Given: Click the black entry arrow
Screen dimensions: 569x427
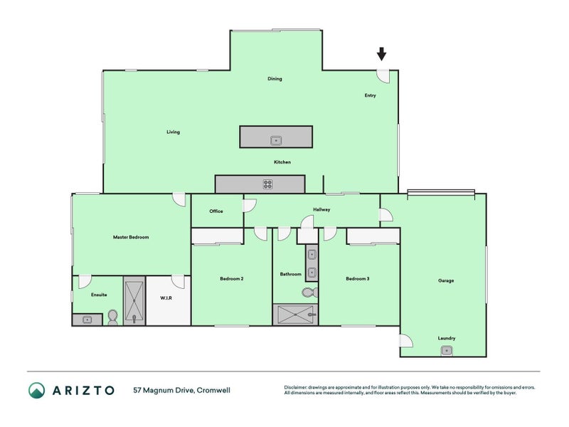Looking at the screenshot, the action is click(381, 54).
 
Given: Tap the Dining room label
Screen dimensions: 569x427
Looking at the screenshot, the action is click(275, 78).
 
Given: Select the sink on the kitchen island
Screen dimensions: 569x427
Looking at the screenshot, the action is click(276, 140).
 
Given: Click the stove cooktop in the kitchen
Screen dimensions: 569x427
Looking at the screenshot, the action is click(267, 184).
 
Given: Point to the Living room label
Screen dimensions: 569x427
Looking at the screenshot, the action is click(173, 132).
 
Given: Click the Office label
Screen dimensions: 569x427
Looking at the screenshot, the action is click(216, 211).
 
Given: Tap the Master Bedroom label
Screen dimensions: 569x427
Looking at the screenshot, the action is click(131, 237).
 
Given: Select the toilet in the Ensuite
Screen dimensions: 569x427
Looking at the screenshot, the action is click(113, 317).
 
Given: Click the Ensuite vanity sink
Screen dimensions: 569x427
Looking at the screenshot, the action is click(87, 320).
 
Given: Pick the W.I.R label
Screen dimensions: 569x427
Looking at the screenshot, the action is click(166, 297).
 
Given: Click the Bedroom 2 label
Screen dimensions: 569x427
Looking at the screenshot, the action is click(232, 278).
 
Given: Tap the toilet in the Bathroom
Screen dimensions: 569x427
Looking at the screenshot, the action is click(310, 292).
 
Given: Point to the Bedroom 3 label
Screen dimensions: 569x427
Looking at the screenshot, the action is click(358, 278).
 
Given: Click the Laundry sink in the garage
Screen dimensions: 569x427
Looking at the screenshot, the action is click(447, 351).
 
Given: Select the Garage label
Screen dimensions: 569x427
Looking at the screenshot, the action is click(446, 280).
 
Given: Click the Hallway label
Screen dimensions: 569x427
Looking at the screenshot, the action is click(321, 209).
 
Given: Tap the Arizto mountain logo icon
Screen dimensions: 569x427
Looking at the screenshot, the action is click(37, 390).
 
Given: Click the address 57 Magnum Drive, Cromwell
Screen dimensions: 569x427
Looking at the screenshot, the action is click(182, 390).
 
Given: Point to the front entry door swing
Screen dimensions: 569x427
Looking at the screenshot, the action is click(383, 76).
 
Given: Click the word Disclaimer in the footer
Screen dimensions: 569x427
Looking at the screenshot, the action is click(295, 387).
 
